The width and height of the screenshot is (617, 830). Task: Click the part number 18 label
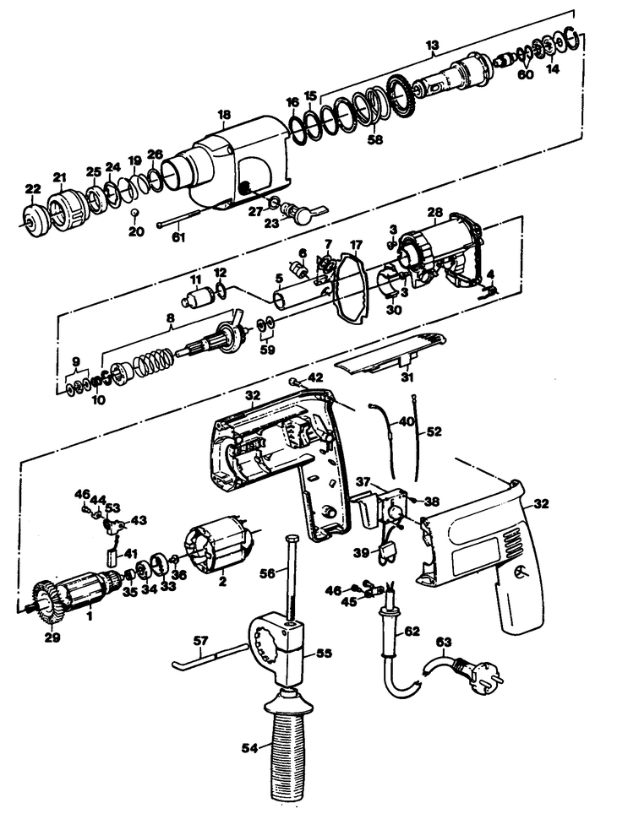(x=224, y=115)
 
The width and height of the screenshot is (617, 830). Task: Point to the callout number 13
(x=433, y=46)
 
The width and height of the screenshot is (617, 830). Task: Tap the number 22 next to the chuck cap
(x=33, y=189)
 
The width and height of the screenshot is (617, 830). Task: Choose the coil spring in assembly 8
(x=154, y=362)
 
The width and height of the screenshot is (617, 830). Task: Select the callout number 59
(x=267, y=350)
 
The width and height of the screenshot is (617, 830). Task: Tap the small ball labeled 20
(x=136, y=213)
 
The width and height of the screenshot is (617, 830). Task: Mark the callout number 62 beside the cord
(x=412, y=631)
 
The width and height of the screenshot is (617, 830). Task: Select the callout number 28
(x=434, y=213)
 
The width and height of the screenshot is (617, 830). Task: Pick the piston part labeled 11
(x=197, y=297)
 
